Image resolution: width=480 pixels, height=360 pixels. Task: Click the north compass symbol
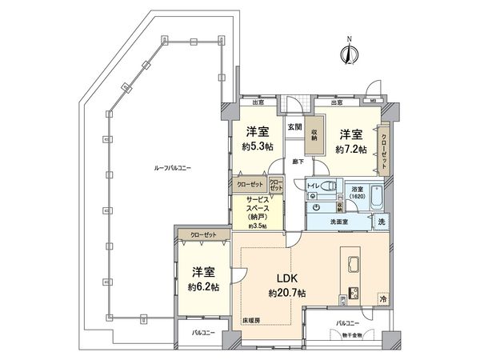point(347,54)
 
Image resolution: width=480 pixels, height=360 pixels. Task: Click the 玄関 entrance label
point(294,126)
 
